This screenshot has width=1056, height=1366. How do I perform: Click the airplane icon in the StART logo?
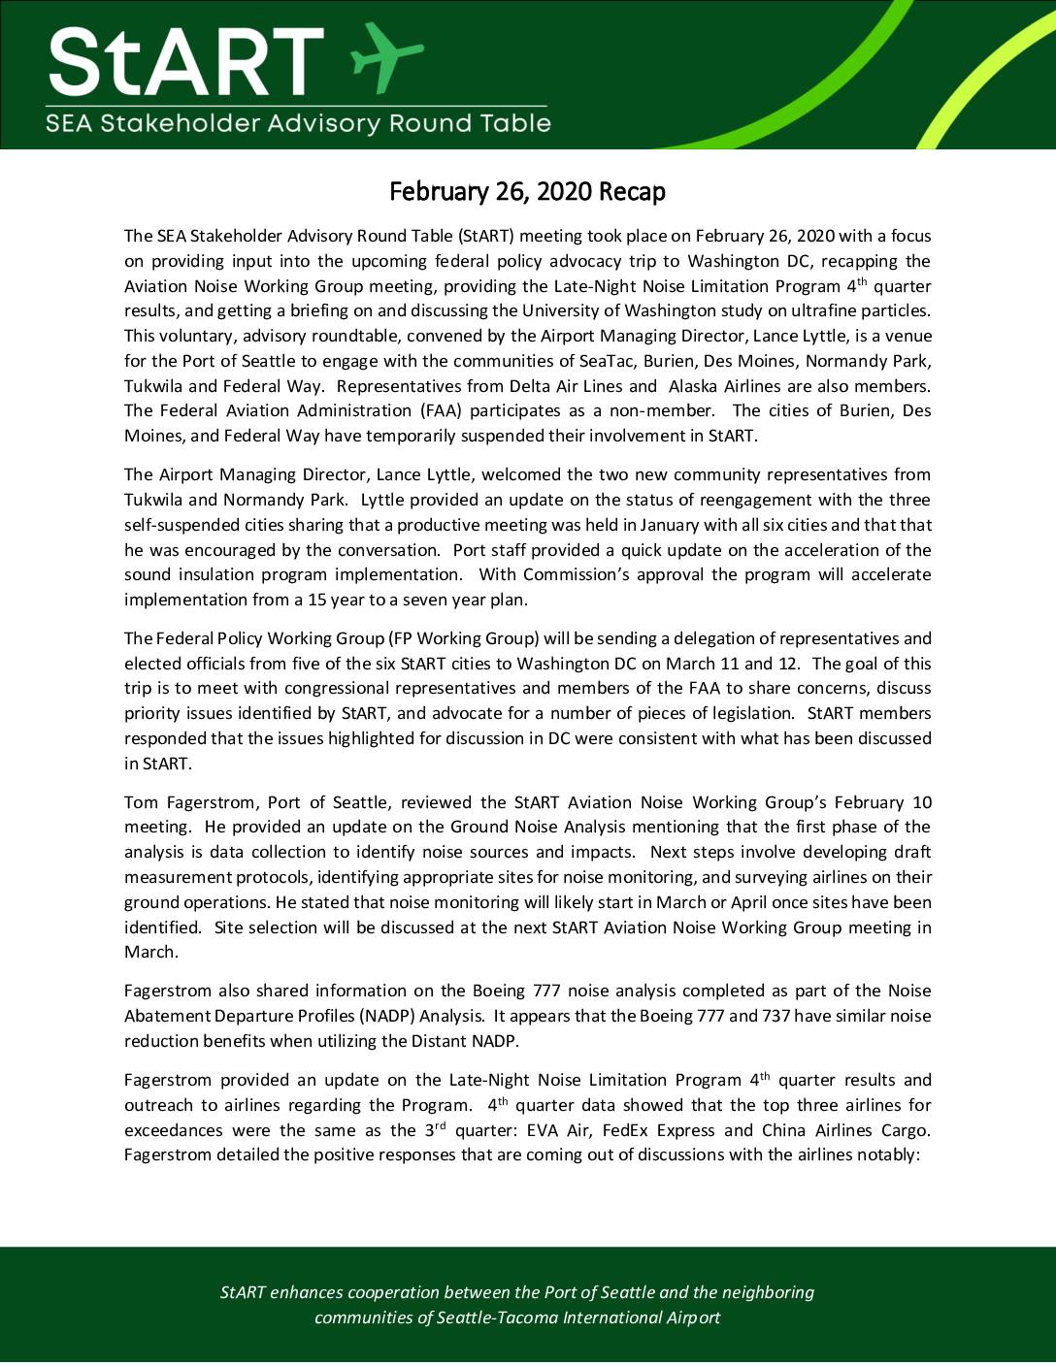tap(385, 55)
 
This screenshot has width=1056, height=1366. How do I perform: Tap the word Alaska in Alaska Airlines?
tap(693, 386)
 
